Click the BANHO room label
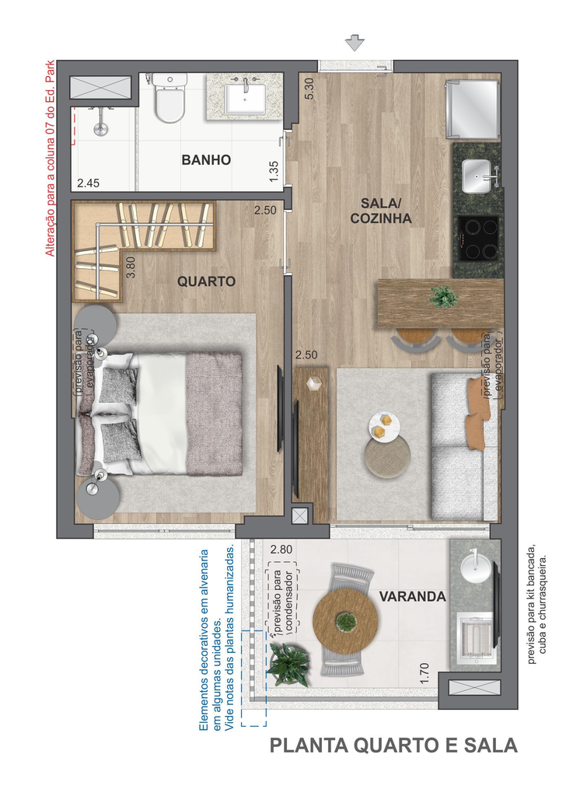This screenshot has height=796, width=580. pyautogui.click(x=206, y=160)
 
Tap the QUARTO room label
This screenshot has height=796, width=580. pyautogui.click(x=206, y=281)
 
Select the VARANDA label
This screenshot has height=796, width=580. pyautogui.click(x=412, y=596)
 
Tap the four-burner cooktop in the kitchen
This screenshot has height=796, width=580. pyautogui.click(x=478, y=239)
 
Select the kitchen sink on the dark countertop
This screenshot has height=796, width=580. pyautogui.click(x=477, y=176)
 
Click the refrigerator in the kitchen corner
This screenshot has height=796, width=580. pyautogui.click(x=473, y=109)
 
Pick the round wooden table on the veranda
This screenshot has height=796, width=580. pyautogui.click(x=345, y=620)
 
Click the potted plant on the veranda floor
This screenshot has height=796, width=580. pyautogui.click(x=288, y=664)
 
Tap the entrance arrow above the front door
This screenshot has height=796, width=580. pyautogui.click(x=355, y=44)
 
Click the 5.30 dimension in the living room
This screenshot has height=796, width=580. pyautogui.click(x=309, y=88)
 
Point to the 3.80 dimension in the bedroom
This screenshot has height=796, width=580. pyautogui.click(x=131, y=267)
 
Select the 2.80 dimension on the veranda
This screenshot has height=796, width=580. pyautogui.click(x=281, y=550)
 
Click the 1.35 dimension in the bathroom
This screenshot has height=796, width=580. pyautogui.click(x=274, y=172)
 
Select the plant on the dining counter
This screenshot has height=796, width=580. pyautogui.click(x=443, y=296)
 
